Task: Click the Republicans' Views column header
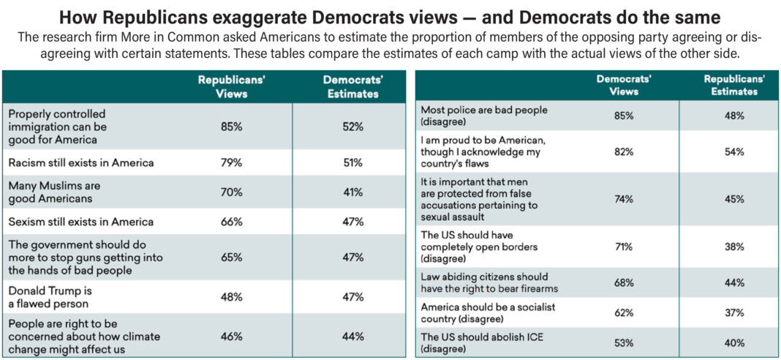pos(231,87)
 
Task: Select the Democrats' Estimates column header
pos(352,87)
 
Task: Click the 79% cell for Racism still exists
pos(231,162)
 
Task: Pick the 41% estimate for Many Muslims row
pos(352,192)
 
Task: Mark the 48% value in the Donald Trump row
pos(231,297)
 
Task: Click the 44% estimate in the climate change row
pos(352,336)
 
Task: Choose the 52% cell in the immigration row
pos(352,127)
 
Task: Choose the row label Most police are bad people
pos(484,116)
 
